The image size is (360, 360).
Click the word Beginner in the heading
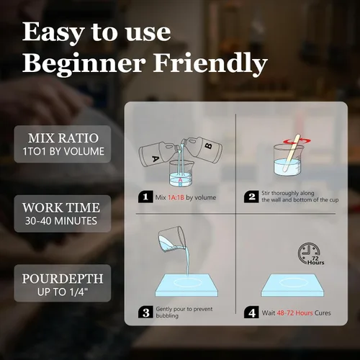[84, 63]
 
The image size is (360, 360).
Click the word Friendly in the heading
[210, 63]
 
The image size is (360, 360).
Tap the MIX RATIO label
[63, 138]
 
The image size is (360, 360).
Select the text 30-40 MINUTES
[61, 221]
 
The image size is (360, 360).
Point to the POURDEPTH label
[63, 279]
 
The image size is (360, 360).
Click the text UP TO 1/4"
[63, 292]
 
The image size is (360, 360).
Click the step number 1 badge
[145, 197]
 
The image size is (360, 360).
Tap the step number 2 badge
[251, 197]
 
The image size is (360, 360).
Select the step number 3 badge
[145, 312]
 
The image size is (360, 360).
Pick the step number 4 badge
[251, 312]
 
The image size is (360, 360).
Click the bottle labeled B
[204, 150]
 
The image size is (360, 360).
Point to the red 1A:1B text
[176, 197]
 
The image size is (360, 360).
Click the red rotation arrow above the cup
[297, 141]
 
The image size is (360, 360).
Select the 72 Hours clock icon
[310, 253]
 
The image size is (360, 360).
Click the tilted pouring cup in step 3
[171, 239]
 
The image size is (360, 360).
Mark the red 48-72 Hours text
[294, 313]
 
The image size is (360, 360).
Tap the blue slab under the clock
[292, 285]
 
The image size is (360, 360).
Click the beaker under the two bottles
[181, 174]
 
